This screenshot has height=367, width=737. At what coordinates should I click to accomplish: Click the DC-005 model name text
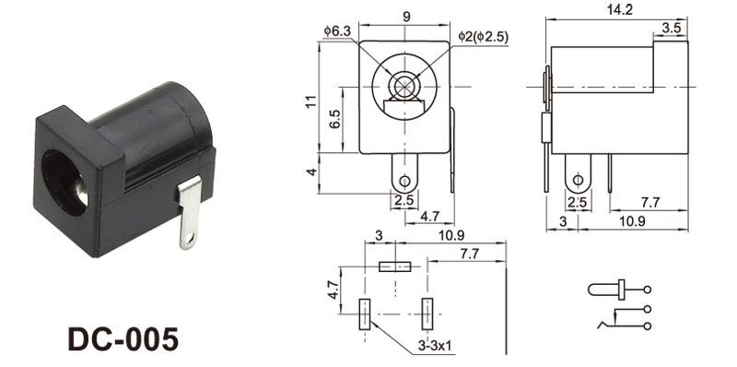[123, 338]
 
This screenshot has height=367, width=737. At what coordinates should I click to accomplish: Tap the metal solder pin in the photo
[190, 213]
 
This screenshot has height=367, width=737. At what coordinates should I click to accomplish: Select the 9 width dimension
[406, 17]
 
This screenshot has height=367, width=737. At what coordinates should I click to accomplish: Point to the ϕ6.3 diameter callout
[337, 31]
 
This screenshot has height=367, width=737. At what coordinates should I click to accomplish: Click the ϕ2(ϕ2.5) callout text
[483, 37]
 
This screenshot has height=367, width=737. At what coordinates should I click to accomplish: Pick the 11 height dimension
[310, 101]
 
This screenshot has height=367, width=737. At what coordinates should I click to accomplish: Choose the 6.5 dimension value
[334, 119]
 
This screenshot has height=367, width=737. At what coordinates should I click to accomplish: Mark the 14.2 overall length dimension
[619, 10]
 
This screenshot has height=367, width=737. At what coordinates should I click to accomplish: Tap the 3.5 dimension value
[672, 28]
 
